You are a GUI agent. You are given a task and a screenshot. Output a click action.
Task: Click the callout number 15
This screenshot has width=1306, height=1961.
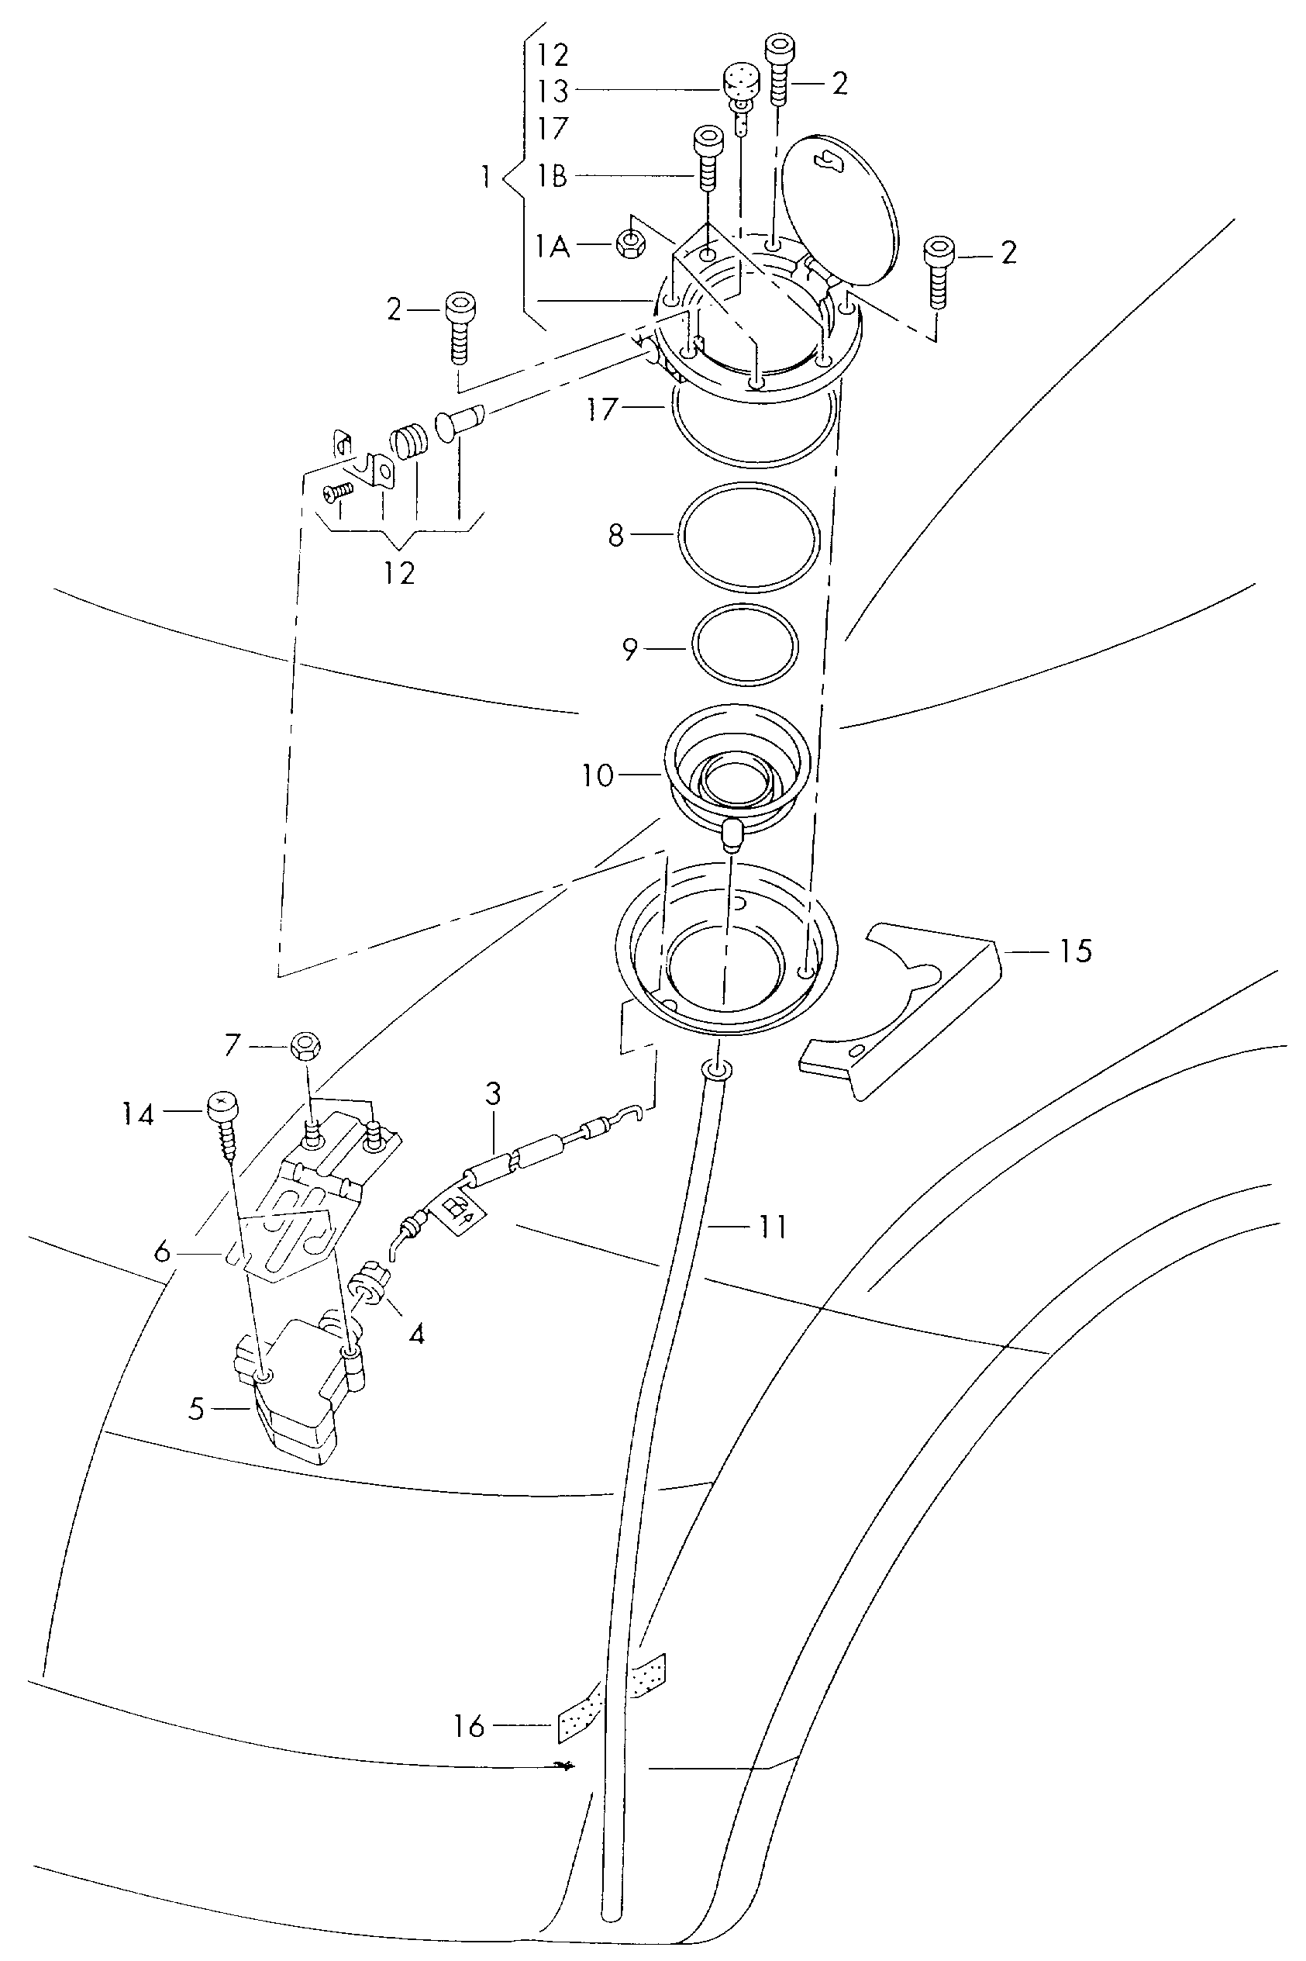(x=1075, y=951)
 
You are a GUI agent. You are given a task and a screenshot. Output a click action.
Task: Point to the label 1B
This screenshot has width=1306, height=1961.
(x=551, y=176)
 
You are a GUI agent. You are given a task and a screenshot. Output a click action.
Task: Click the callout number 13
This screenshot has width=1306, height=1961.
(x=551, y=91)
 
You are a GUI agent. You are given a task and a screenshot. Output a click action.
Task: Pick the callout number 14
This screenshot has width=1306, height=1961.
(x=138, y=1113)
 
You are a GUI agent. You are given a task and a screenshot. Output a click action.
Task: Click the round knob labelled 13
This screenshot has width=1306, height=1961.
(x=741, y=85)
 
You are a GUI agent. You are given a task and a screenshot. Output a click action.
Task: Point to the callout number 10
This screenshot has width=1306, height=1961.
(x=598, y=776)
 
